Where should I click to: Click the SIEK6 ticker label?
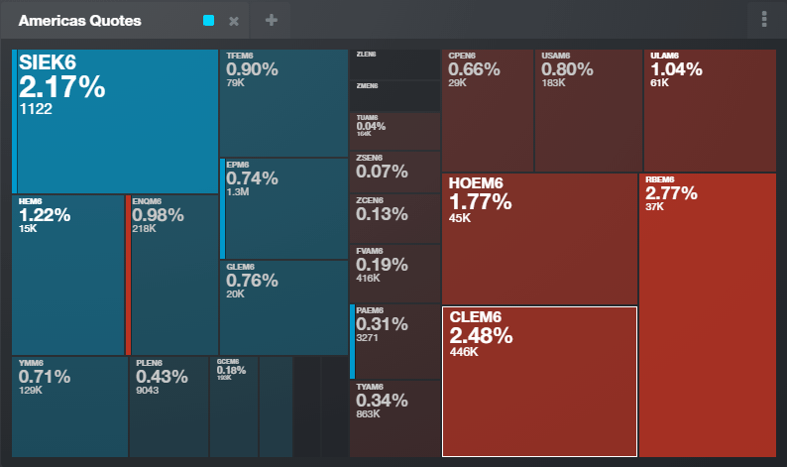coord(48,63)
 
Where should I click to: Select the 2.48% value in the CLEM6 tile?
coord(481,335)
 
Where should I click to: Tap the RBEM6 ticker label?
coord(659,179)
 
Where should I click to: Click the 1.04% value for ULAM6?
coord(676,69)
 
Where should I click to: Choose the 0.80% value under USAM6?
coord(567,69)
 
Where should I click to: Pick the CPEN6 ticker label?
coord(462,56)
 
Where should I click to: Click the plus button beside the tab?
coord(272,20)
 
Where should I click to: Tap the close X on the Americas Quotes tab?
coord(234,21)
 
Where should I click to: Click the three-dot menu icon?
coord(763,20)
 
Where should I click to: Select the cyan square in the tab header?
coord(208,20)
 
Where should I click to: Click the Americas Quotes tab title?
coord(79,20)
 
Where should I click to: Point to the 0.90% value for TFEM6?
coord(252,69)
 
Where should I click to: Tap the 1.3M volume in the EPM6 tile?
coord(237,192)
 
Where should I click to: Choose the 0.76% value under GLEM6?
coord(252,281)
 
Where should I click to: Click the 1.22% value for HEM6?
coord(45,215)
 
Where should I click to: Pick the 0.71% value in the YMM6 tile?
coord(45,377)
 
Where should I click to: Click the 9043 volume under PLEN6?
coord(148,391)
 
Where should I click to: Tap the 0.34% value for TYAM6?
coord(382,401)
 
